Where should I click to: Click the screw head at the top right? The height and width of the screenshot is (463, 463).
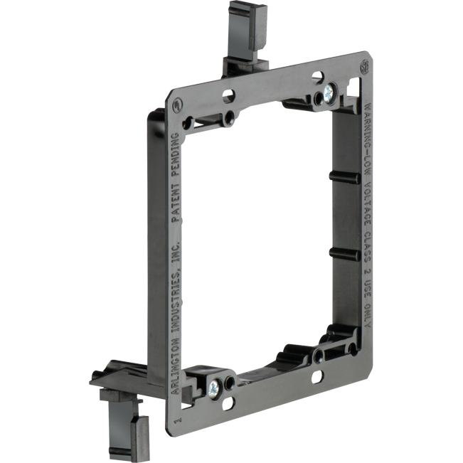329,92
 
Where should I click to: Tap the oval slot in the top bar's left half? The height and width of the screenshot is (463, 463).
229,94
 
